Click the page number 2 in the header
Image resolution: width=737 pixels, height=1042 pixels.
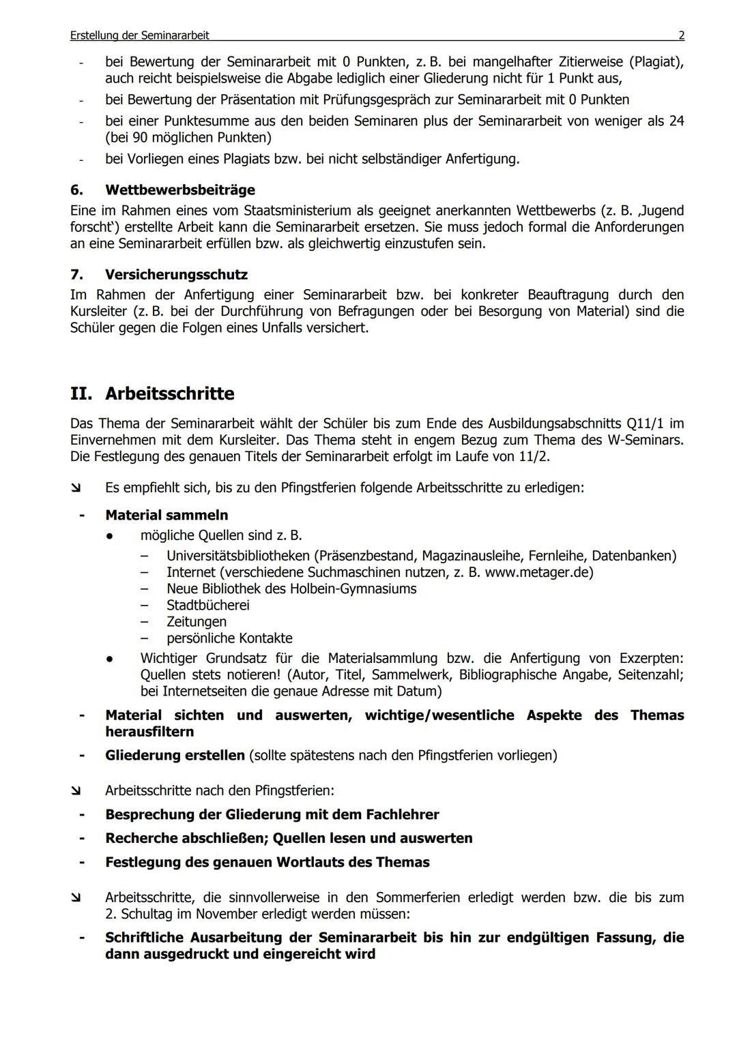pyautogui.click(x=681, y=35)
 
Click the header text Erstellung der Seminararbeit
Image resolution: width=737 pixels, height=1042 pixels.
pyautogui.click(x=139, y=35)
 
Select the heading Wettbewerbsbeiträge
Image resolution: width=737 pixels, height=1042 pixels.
pyautogui.click(x=180, y=190)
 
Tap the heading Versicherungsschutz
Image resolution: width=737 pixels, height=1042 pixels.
pyautogui.click(x=176, y=275)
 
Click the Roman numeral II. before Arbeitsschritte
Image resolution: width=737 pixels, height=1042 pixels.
pyautogui.click(x=83, y=394)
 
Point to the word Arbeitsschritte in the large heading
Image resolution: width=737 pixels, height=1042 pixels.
pyautogui.click(x=169, y=394)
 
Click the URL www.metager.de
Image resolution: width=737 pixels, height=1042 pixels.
pyautogui.click(x=538, y=572)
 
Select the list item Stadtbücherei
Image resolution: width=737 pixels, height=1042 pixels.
pyautogui.click(x=207, y=606)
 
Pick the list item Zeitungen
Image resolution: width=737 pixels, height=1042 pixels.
pyautogui.click(x=197, y=622)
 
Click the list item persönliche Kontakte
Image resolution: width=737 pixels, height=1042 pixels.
pyautogui.click(x=229, y=638)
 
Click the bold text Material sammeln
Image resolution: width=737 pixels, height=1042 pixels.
pyautogui.click(x=167, y=516)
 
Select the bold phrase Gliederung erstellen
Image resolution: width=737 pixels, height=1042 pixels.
pyautogui.click(x=175, y=756)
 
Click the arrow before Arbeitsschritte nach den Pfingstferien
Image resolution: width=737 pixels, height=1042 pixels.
pyautogui.click(x=75, y=791)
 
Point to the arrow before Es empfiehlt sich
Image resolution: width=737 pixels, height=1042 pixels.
pyautogui.click(x=75, y=488)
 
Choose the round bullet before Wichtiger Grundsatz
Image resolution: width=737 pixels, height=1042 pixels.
pyautogui.click(x=109, y=659)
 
